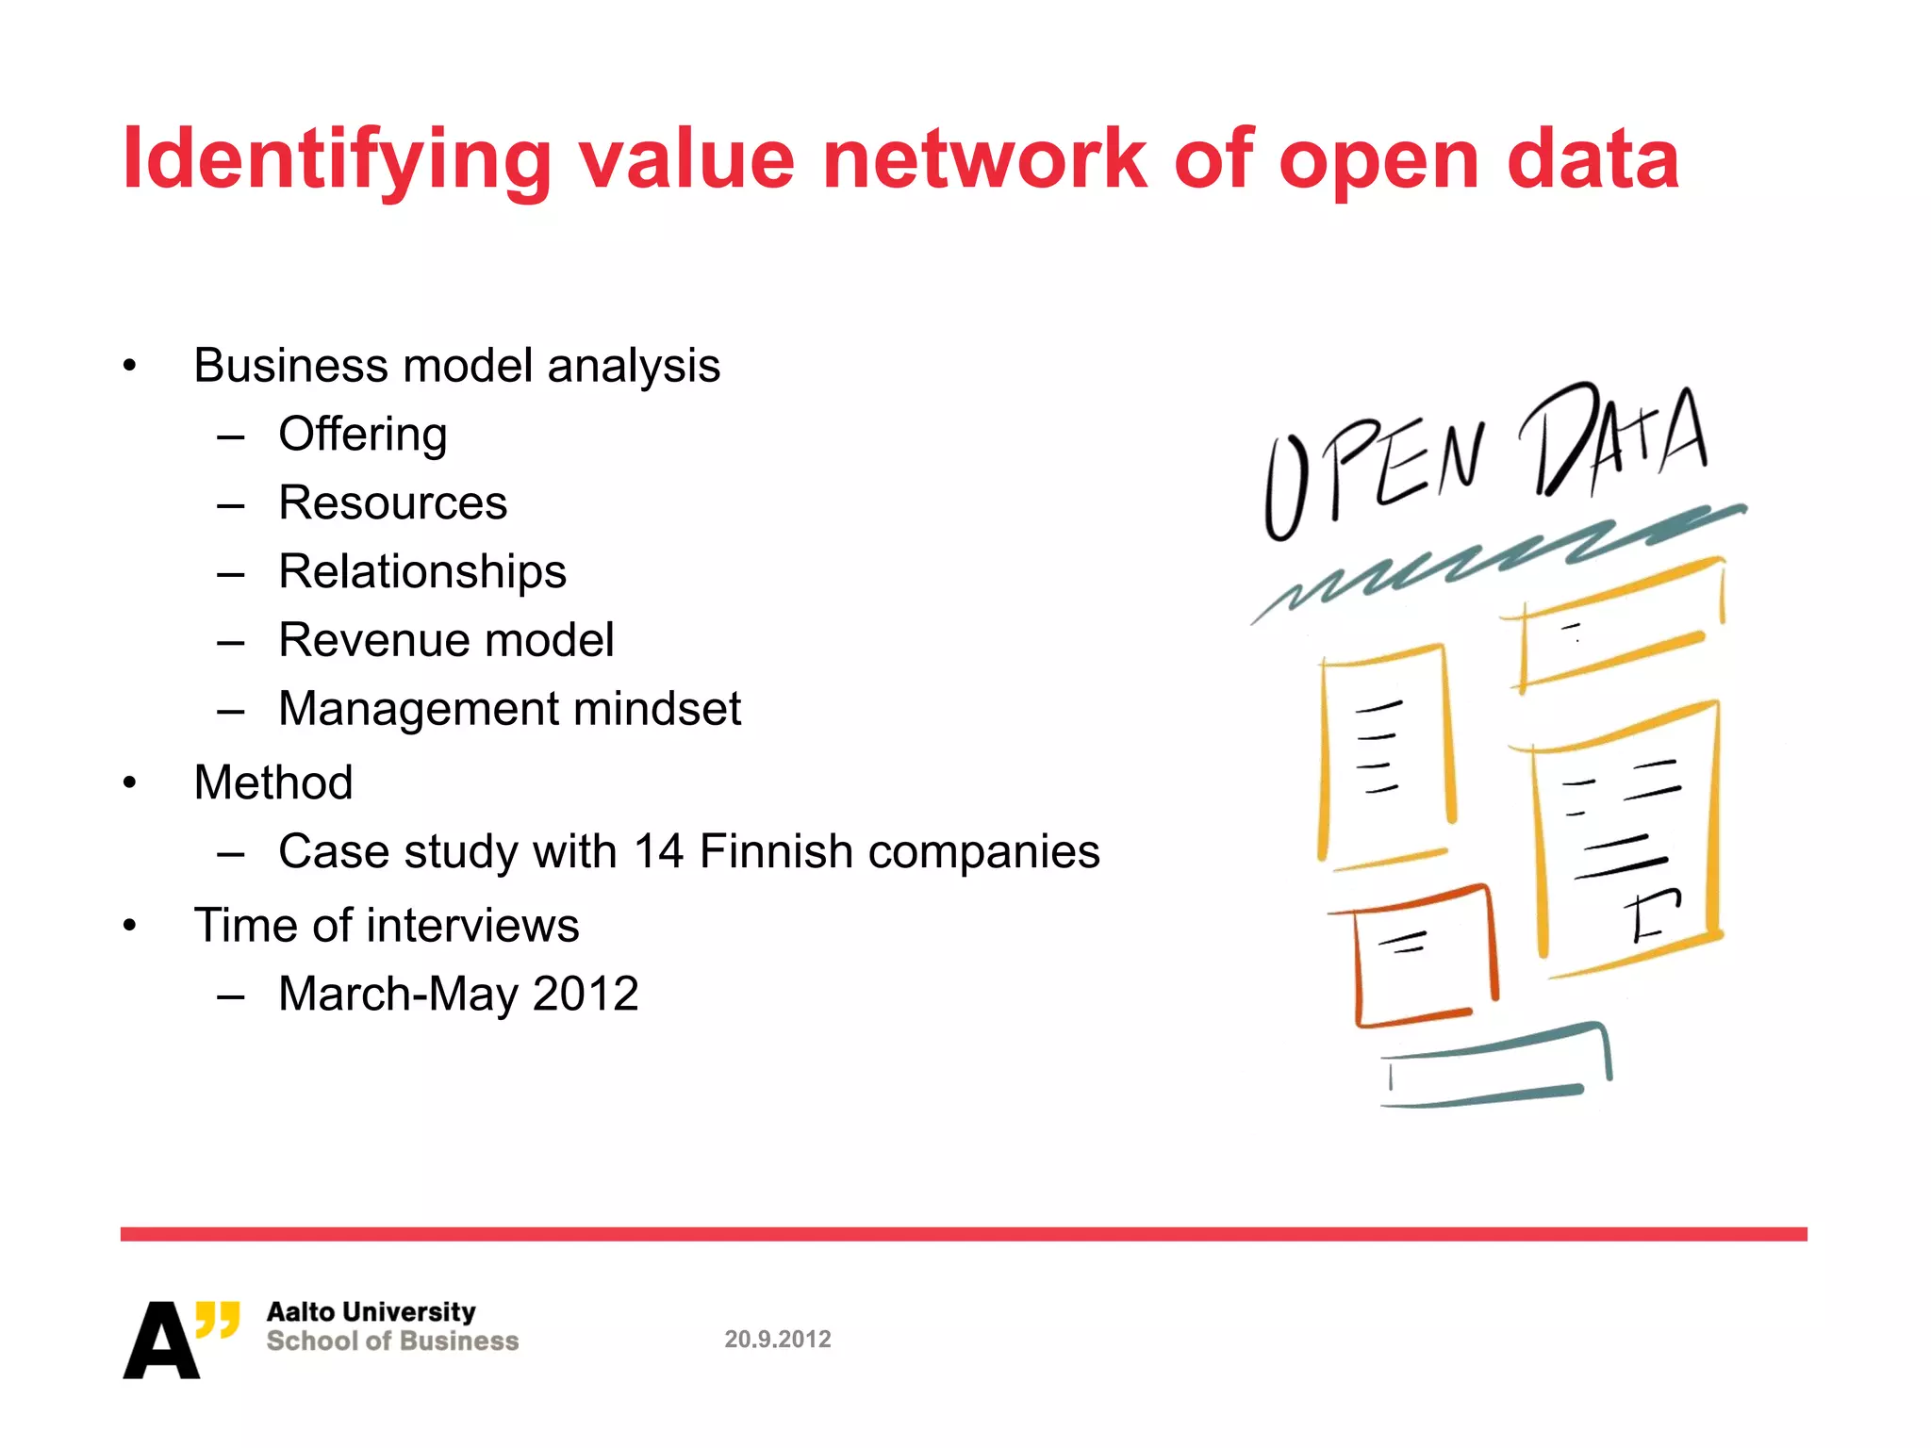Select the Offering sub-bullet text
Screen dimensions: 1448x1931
[x=363, y=435]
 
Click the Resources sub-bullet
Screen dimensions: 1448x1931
[x=392, y=503]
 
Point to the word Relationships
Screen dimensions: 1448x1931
[x=422, y=572]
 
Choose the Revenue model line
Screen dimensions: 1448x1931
[x=446, y=641]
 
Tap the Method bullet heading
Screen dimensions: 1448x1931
[x=273, y=782]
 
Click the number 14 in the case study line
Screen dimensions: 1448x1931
[x=658, y=852]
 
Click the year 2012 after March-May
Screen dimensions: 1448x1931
[x=586, y=995]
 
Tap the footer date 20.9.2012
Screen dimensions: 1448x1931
[x=778, y=1340]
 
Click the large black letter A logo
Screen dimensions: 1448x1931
[x=160, y=1341]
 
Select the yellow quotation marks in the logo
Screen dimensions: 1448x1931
[x=218, y=1319]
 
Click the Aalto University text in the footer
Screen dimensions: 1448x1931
[x=371, y=1312]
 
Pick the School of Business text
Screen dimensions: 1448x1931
[x=392, y=1341]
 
